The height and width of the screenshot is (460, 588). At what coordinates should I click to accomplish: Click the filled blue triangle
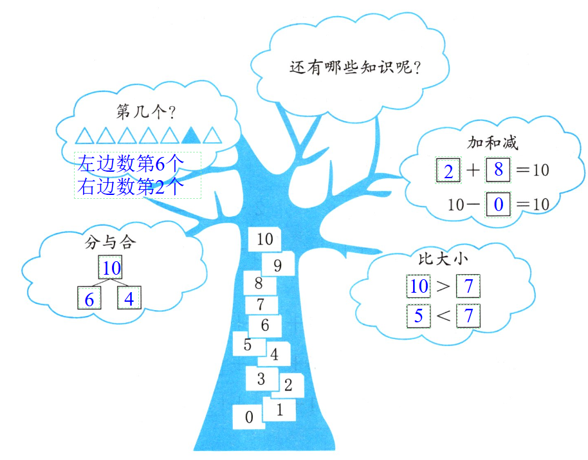190,135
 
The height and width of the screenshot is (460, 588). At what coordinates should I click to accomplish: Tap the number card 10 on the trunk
264,239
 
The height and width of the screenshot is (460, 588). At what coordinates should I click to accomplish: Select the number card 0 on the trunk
249,417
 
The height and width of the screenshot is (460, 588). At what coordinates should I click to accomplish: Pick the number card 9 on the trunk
278,264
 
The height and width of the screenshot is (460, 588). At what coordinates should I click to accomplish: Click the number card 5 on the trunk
248,345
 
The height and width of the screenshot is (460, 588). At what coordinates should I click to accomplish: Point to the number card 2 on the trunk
288,385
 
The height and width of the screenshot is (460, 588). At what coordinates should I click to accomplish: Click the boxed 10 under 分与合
110,267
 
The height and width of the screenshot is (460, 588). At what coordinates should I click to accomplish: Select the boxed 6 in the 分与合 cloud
89,299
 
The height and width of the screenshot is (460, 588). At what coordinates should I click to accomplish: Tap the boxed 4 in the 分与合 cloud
129,299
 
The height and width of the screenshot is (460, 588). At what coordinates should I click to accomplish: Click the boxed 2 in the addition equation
449,171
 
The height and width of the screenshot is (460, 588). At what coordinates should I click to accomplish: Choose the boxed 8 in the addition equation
498,170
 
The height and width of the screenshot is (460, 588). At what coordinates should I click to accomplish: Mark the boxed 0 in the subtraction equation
498,205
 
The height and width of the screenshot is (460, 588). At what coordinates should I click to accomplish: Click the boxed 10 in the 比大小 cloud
419,286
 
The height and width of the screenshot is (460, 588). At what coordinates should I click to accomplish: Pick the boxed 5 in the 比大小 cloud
418,315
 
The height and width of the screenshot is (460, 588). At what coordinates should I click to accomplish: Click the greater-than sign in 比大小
443,286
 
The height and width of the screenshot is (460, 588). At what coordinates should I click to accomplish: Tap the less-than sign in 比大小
443,316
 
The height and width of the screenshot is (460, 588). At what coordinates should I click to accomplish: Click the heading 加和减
492,142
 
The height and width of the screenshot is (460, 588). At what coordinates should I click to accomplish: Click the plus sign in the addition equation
473,170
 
